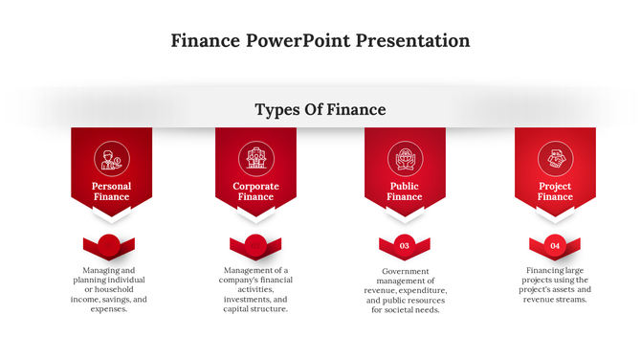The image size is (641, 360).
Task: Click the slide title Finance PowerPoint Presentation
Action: [x=320, y=40]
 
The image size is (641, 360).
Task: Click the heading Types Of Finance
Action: [x=320, y=109]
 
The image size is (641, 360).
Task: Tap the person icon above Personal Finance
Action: [x=111, y=158]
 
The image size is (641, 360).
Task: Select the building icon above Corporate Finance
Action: [x=255, y=158]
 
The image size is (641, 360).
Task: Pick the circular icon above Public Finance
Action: [x=405, y=158]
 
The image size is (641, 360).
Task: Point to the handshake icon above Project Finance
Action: [x=555, y=158]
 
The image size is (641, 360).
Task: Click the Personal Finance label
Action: [x=111, y=191]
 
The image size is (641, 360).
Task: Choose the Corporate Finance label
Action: [x=255, y=191]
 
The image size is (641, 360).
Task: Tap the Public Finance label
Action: [x=405, y=191]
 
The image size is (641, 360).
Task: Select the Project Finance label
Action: [x=555, y=191]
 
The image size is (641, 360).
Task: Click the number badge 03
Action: [x=405, y=246]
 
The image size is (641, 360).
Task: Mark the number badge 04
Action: [x=555, y=246]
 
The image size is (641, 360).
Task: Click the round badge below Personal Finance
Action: [x=109, y=246]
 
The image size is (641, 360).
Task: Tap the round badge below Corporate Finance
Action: [x=255, y=246]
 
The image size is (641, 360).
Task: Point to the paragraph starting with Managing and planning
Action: [x=109, y=290]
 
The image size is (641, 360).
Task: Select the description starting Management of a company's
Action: [x=255, y=290]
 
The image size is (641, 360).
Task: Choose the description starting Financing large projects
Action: [x=555, y=285]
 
